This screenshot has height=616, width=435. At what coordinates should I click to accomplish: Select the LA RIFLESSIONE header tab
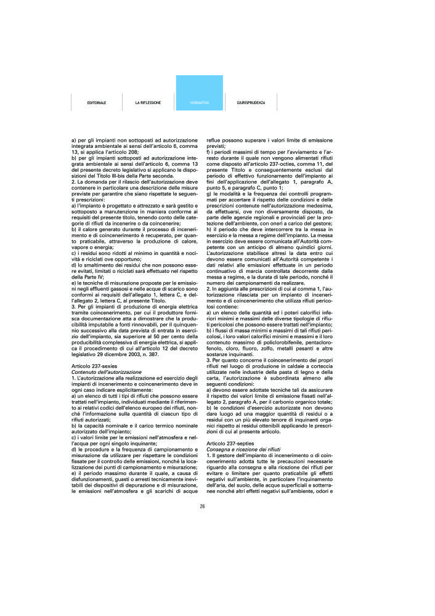(x=148, y=102)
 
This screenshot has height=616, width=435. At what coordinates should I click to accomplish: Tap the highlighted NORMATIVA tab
(x=200, y=102)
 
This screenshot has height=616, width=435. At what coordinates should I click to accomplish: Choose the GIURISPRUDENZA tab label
(x=251, y=102)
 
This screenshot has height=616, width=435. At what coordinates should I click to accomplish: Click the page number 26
(x=202, y=507)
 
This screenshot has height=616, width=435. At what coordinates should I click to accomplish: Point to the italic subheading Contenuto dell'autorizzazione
(x=107, y=373)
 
